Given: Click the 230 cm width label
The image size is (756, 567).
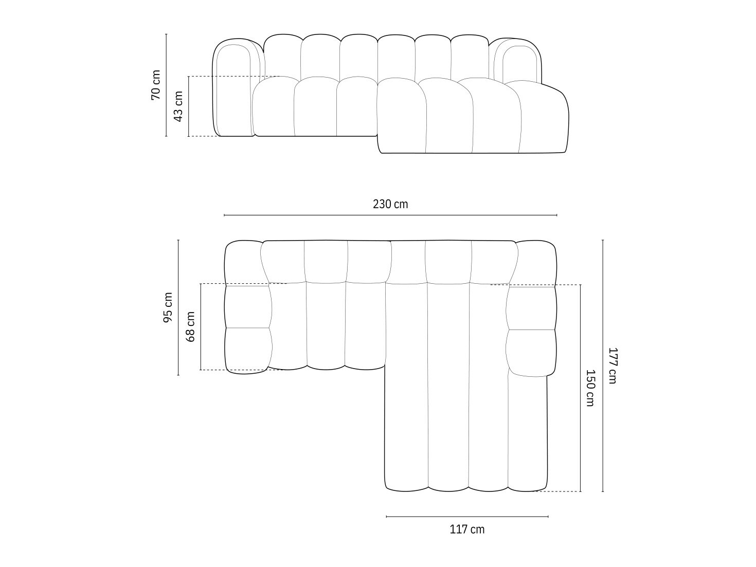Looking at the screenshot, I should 390,204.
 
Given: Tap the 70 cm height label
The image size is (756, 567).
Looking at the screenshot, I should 156,85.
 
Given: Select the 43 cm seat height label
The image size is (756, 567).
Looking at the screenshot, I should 178,106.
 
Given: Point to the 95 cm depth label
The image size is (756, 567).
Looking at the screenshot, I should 168,307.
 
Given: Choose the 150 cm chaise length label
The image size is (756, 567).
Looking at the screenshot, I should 590,388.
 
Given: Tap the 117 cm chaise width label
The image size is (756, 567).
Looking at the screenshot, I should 467,529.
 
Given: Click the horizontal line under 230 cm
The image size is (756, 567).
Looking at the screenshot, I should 390,215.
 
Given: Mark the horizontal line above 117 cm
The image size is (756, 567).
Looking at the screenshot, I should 467,516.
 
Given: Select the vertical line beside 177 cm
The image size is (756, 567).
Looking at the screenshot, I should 603,365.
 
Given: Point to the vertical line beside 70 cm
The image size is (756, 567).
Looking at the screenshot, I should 166,85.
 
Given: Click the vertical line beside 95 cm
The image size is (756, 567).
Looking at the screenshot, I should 178,307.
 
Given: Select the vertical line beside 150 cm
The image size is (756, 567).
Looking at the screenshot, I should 581,388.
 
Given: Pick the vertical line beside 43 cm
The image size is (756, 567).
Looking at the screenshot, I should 189,106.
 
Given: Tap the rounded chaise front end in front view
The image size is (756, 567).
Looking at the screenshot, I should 545,118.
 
